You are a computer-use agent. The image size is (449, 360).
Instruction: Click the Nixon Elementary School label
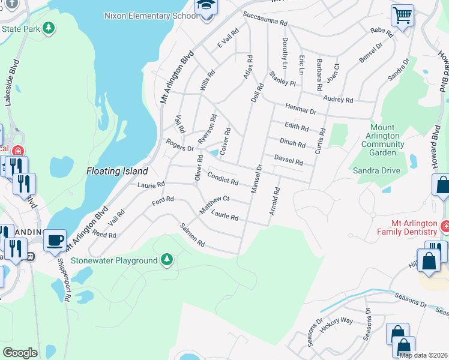[150, 16]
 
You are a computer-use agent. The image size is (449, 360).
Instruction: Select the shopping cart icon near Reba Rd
[402, 16]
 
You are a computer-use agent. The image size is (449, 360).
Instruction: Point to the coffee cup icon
[55, 240]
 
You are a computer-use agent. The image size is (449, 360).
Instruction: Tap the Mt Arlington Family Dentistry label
[407, 227]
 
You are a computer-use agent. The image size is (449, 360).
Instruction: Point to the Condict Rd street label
[223, 178]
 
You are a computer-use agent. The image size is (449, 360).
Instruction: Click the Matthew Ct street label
[215, 203]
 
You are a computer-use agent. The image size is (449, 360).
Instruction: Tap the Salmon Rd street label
[192, 235]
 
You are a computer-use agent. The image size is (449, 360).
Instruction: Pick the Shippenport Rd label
[64, 276]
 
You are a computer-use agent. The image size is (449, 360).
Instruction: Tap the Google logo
[20, 353]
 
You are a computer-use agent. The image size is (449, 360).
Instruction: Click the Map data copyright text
[423, 355]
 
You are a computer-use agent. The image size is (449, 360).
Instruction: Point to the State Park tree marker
[49, 28]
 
